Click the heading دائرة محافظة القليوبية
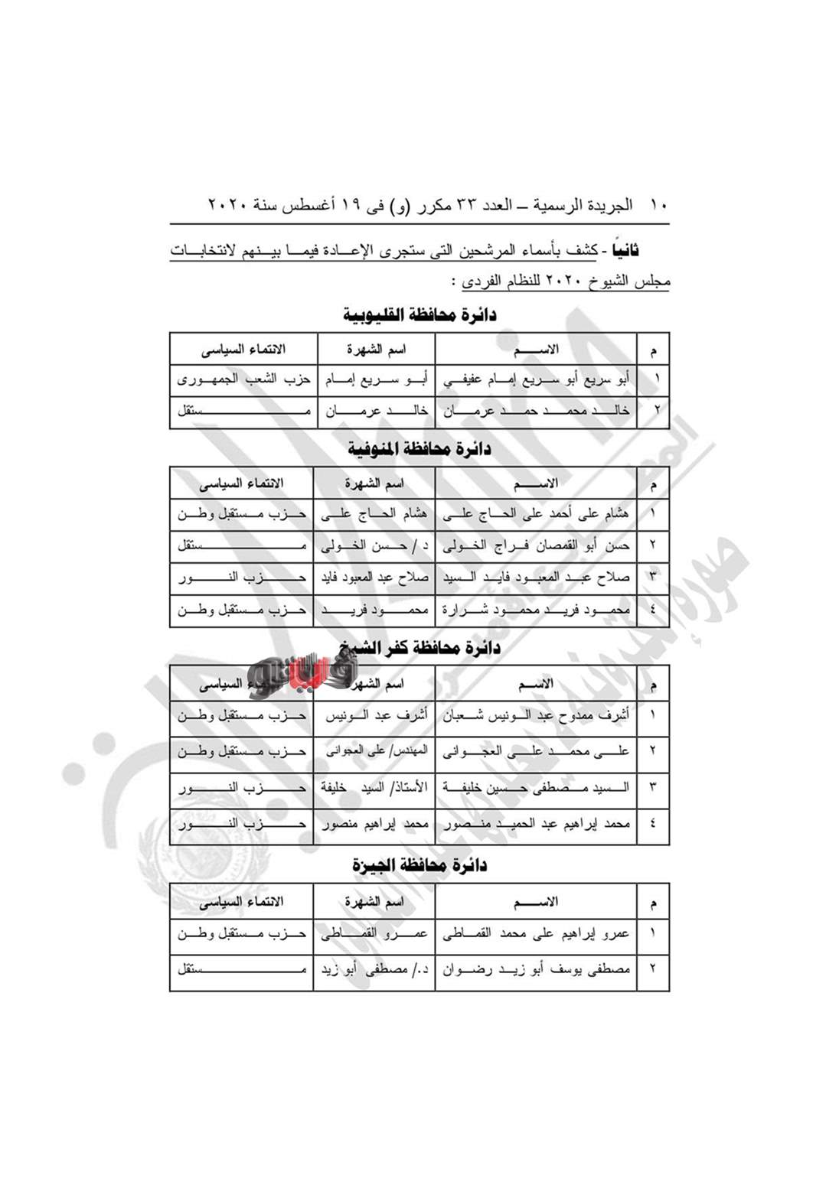pyautogui.click(x=419, y=314)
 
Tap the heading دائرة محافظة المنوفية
pyautogui.click(x=419, y=449)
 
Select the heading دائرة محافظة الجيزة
pyautogui.click(x=419, y=865)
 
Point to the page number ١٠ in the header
pyautogui.click(x=658, y=205)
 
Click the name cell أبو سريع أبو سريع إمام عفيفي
pyautogui.click(x=536, y=379)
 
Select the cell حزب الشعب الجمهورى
pyautogui.click(x=243, y=379)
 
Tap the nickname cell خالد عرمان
pyautogui.click(x=374, y=411)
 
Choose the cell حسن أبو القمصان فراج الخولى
pyautogui.click(x=536, y=546)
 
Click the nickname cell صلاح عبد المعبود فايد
pyautogui.click(x=374, y=578)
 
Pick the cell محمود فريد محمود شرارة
pyautogui.click(x=536, y=610)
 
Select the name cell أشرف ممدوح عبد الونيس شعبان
pyautogui.click(x=536, y=715)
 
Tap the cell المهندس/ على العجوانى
pyautogui.click(x=374, y=751)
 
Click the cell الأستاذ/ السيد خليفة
pyautogui.click(x=374, y=787)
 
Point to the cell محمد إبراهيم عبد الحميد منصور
pyautogui.click(x=536, y=824)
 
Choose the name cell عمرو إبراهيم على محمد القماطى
pyautogui.click(x=536, y=933)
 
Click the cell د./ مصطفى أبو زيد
pyautogui.click(x=374, y=969)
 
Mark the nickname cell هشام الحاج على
pyautogui.click(x=374, y=514)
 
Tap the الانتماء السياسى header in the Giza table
pyautogui.click(x=241, y=902)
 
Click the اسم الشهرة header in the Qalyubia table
pyautogui.click(x=376, y=350)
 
